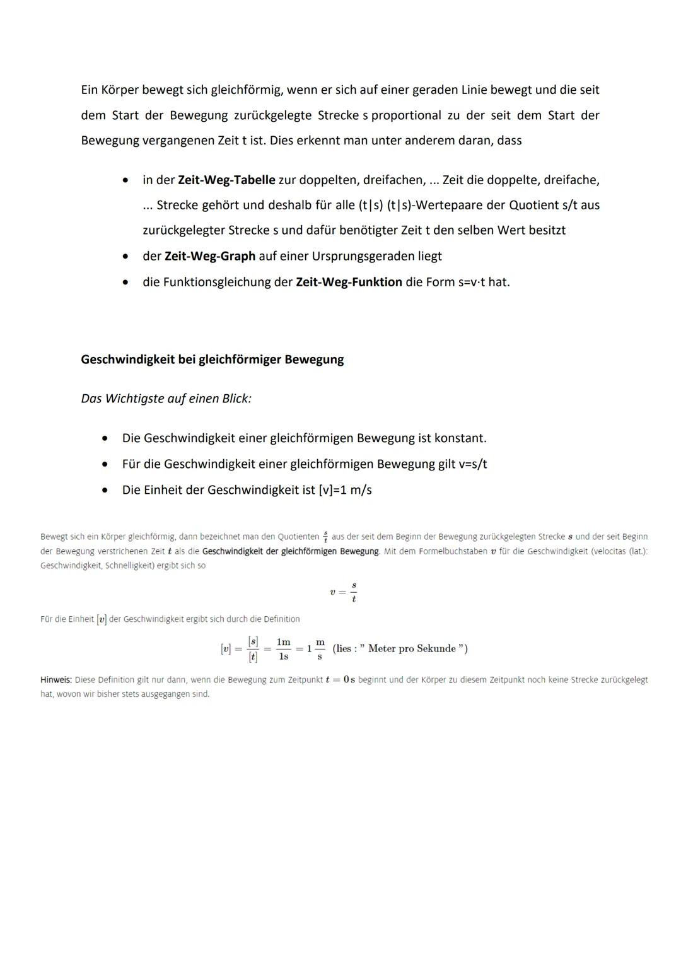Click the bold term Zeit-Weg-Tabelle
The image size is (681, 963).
(x=226, y=180)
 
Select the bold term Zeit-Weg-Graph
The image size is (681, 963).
(x=209, y=256)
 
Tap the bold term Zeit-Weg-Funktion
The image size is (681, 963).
(x=349, y=282)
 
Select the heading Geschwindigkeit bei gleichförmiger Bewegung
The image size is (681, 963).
(x=212, y=359)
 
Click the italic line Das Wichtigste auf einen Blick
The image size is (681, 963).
(x=166, y=399)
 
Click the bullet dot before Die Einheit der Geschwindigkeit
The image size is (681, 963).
(x=105, y=490)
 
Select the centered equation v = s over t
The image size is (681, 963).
(x=344, y=592)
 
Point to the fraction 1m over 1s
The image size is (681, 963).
(x=283, y=649)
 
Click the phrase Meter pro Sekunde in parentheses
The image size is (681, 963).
(x=411, y=649)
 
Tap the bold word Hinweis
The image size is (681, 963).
(x=56, y=680)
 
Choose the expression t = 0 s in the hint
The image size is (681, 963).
(x=340, y=680)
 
